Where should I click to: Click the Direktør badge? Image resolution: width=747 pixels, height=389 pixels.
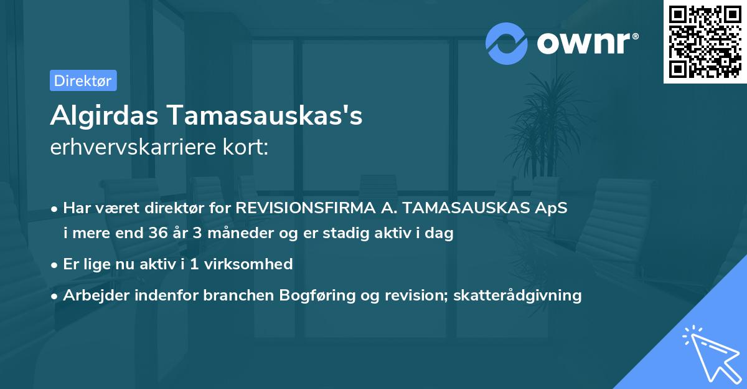click(x=83, y=80)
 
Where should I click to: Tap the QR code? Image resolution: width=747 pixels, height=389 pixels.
click(x=705, y=42)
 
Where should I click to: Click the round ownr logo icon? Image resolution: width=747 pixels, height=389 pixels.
click(x=507, y=43)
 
